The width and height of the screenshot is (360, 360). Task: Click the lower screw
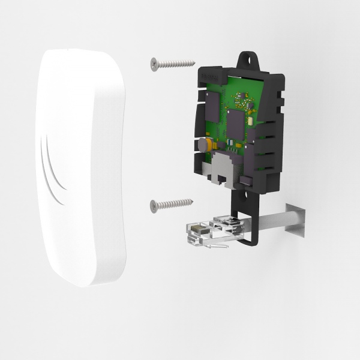point(171,204)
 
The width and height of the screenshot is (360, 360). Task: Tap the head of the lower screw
point(152,205)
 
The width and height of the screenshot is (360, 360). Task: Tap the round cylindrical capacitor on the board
point(205,145)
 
